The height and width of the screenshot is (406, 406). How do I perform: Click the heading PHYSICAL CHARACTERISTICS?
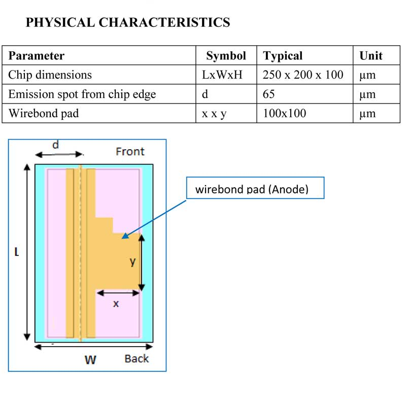pyautogui.click(x=127, y=22)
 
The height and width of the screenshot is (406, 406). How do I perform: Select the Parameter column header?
pyautogui.click(x=37, y=56)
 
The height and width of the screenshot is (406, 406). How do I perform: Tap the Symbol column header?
pyautogui.click(x=226, y=56)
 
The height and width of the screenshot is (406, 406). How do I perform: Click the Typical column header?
pyautogui.click(x=283, y=56)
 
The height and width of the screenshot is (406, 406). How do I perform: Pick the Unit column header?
pyautogui.click(x=371, y=56)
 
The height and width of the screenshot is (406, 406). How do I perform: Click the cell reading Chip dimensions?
pyautogui.click(x=50, y=75)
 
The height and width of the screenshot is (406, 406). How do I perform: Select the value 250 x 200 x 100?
pyautogui.click(x=303, y=75)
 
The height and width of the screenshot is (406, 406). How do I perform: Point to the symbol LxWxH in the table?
pyautogui.click(x=222, y=75)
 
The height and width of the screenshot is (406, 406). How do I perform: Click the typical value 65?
pyautogui.click(x=269, y=94)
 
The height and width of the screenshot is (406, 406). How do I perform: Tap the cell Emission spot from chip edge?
pyautogui.click(x=82, y=94)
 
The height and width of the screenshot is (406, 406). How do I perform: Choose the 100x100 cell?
pyautogui.click(x=284, y=113)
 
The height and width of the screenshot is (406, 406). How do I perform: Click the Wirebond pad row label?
pyautogui.click(x=43, y=113)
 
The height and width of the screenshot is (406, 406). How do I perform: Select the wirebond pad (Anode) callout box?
pyautogui.click(x=255, y=190)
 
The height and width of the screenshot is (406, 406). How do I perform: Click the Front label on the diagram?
pyautogui.click(x=130, y=151)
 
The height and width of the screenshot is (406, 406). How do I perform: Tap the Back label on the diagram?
pyautogui.click(x=137, y=359)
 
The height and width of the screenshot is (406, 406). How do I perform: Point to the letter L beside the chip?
pyautogui.click(x=16, y=252)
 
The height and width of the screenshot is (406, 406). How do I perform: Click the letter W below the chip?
pyautogui.click(x=90, y=360)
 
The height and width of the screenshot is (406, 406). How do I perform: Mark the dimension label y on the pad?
pyautogui.click(x=132, y=261)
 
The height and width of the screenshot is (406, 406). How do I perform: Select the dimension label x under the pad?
pyautogui.click(x=116, y=303)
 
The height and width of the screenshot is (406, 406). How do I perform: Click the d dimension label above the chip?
pyautogui.click(x=56, y=145)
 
